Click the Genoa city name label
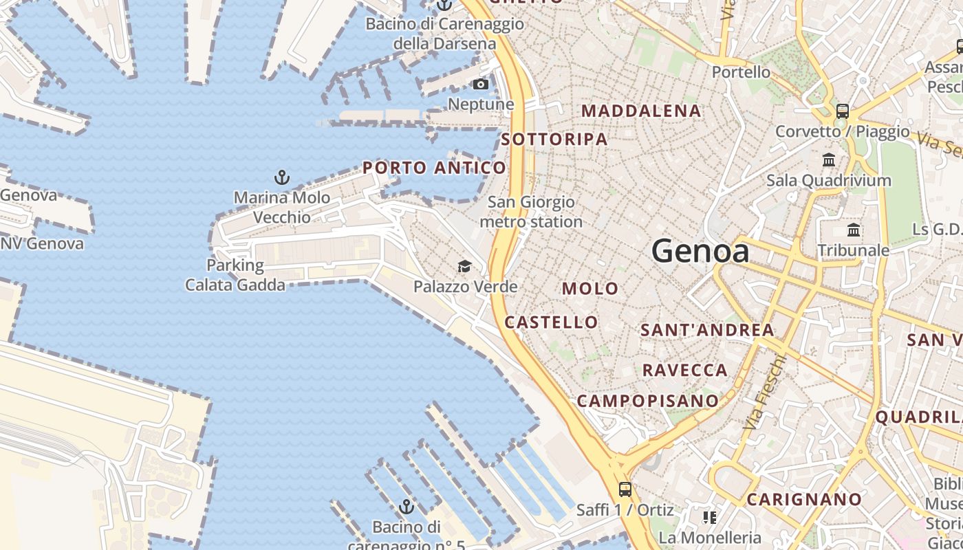tap(700, 252)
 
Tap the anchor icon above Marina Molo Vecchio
tap(281, 178)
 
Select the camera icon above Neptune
tap(481, 85)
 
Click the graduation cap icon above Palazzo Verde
tap(465, 266)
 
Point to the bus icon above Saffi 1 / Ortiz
tap(625, 489)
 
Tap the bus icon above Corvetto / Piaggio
tap(843, 111)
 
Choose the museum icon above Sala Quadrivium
tap(829, 160)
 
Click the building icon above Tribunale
tap(854, 230)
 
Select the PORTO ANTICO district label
tap(434, 168)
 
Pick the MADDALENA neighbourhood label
tap(641, 111)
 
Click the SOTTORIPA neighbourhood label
tap(554, 140)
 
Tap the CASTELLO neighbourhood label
tap(551, 322)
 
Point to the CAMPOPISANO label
tap(647, 401)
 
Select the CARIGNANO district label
tap(803, 500)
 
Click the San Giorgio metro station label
tap(531, 212)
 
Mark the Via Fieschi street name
tap(764, 393)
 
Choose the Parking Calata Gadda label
tap(235, 274)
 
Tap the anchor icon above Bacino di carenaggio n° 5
tap(407, 507)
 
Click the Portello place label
tap(741, 71)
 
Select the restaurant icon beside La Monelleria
tap(709, 517)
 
